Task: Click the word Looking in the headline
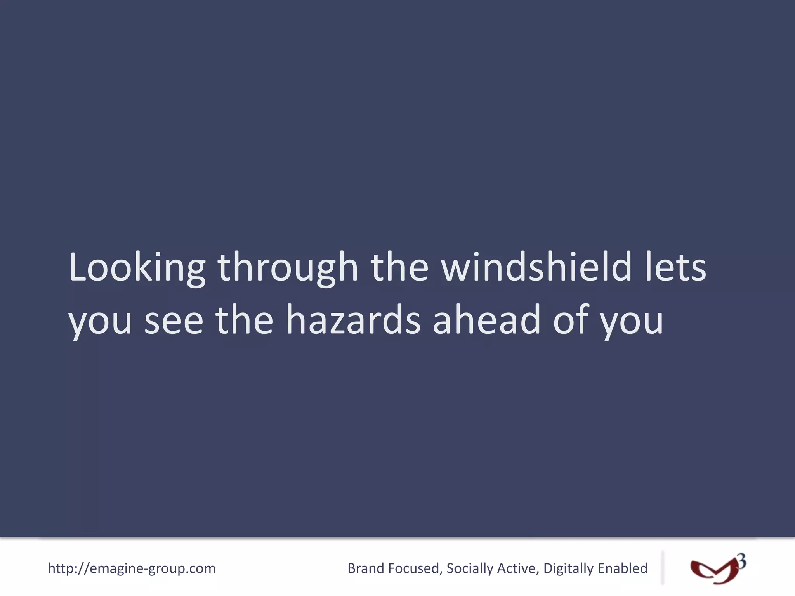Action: pyautogui.click(x=137, y=268)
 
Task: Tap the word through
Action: pyautogui.click(x=288, y=268)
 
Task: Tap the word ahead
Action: pyautogui.click(x=486, y=321)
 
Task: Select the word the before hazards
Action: pyautogui.click(x=245, y=321)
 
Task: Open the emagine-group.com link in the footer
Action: pyautogui.click(x=132, y=568)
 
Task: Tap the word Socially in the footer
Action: pyautogui.click(x=470, y=568)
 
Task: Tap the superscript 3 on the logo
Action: pyautogui.click(x=741, y=561)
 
